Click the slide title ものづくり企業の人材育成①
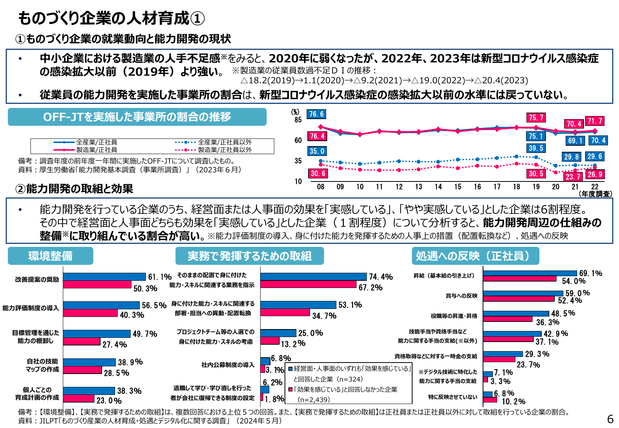pyautogui.click(x=111, y=18)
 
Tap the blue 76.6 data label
pyautogui.click(x=316, y=114)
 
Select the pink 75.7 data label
pyautogui.click(x=536, y=118)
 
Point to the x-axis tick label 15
pyautogui.click(x=457, y=187)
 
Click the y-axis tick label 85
pyautogui.click(x=298, y=120)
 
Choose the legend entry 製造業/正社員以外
pyautogui.click(x=225, y=150)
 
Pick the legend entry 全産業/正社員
pyautogui.click(x=96, y=142)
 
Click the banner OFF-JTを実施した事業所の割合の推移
pyautogui.click(x=137, y=117)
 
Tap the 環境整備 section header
pyautogui.click(x=50, y=256)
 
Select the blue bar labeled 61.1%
pyautogui.click(x=104, y=277)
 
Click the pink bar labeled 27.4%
pyautogui.click(x=82, y=341)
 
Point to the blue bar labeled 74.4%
pyautogui.click(x=313, y=277)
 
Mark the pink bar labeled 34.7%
pyautogui.click(x=285, y=312)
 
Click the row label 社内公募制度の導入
pyautogui.click(x=228, y=365)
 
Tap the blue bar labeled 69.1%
pyautogui.click(x=529, y=273)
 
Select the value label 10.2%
pyautogui.click(x=513, y=401)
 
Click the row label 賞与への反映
pyautogui.click(x=461, y=296)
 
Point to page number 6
pyautogui.click(x=610, y=419)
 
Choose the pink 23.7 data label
pyautogui.click(x=573, y=177)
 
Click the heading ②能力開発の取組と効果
pyautogui.click(x=74, y=189)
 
